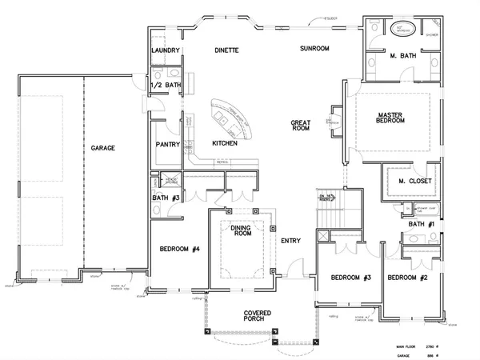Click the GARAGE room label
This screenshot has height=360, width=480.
(x=102, y=149)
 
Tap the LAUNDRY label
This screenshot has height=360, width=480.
(x=166, y=50)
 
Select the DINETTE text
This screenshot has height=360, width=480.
(x=226, y=50)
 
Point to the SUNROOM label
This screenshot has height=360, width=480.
(x=314, y=49)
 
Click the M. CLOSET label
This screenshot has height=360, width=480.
(x=415, y=182)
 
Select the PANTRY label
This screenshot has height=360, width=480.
(x=166, y=145)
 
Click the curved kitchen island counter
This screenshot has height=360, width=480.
(x=233, y=121)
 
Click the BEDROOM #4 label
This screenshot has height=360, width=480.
(x=178, y=248)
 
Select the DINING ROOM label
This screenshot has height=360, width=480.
(x=242, y=232)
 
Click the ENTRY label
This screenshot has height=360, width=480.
(x=290, y=240)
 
